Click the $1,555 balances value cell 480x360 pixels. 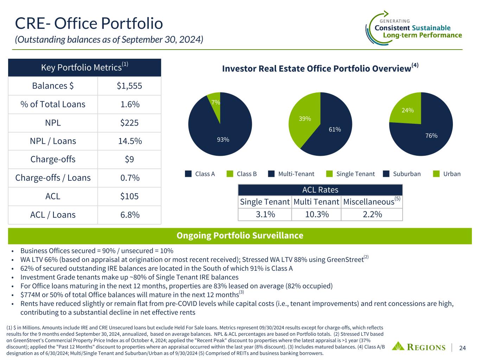click(x=129, y=86)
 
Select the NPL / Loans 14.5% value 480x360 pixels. click(x=129, y=141)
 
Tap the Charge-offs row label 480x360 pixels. click(x=53, y=159)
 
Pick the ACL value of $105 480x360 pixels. click(x=129, y=196)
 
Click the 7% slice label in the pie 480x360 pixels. click(x=216, y=102)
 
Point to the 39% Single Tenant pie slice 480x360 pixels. click(x=305, y=119)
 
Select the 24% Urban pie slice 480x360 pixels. click(x=408, y=110)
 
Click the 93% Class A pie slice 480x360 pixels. click(x=223, y=140)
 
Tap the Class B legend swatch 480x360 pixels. click(x=230, y=174)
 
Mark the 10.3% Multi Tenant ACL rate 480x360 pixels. click(x=316, y=214)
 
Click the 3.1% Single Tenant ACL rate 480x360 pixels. click(x=265, y=214)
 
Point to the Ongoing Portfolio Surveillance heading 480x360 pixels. click(x=240, y=236)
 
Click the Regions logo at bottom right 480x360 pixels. click(x=419, y=347)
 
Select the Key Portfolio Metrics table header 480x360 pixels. click(x=84, y=67)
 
